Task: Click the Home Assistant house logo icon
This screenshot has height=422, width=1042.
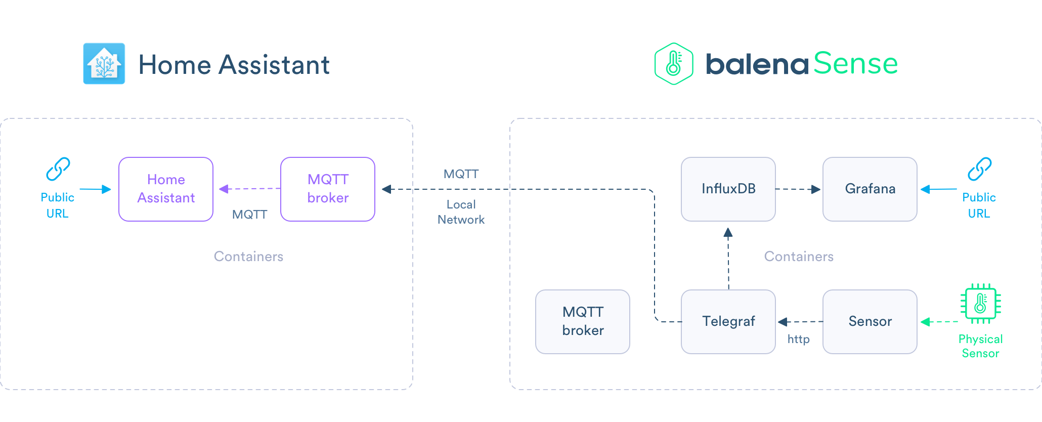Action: (x=104, y=64)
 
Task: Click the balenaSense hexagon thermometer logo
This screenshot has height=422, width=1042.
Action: (x=673, y=64)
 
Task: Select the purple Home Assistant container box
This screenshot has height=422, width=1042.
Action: (x=166, y=189)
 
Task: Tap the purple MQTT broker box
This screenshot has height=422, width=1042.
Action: (x=328, y=189)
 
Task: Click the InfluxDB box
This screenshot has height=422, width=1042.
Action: (x=728, y=189)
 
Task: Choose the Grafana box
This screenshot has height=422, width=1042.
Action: (x=870, y=189)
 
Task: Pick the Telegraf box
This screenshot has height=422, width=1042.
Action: (x=728, y=322)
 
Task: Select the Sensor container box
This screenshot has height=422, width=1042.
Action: (x=870, y=322)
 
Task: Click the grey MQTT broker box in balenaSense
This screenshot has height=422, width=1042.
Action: (x=582, y=322)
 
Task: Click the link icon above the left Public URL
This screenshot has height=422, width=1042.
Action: (x=58, y=169)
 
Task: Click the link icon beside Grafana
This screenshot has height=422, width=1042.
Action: (x=979, y=169)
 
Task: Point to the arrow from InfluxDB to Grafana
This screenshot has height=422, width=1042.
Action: (x=798, y=189)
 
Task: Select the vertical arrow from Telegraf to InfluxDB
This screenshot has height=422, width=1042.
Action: (x=728, y=258)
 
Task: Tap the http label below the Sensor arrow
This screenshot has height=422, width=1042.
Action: (x=798, y=339)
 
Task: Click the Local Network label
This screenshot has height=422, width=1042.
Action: (x=461, y=212)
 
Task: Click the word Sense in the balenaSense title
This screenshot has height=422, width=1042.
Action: (x=855, y=64)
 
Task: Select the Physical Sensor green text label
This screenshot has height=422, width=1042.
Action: (x=980, y=346)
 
